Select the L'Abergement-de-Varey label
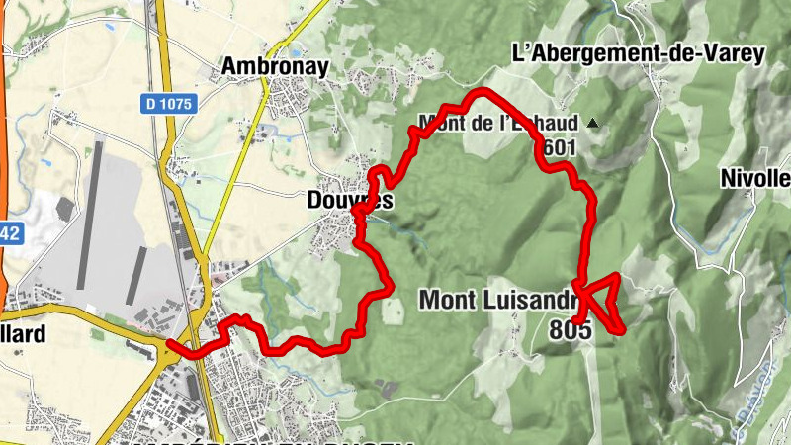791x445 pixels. (x=639, y=53)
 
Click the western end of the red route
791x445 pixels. (x=170, y=344)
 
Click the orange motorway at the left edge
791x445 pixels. (x=3, y=148)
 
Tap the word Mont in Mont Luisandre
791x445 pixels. (x=450, y=298)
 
